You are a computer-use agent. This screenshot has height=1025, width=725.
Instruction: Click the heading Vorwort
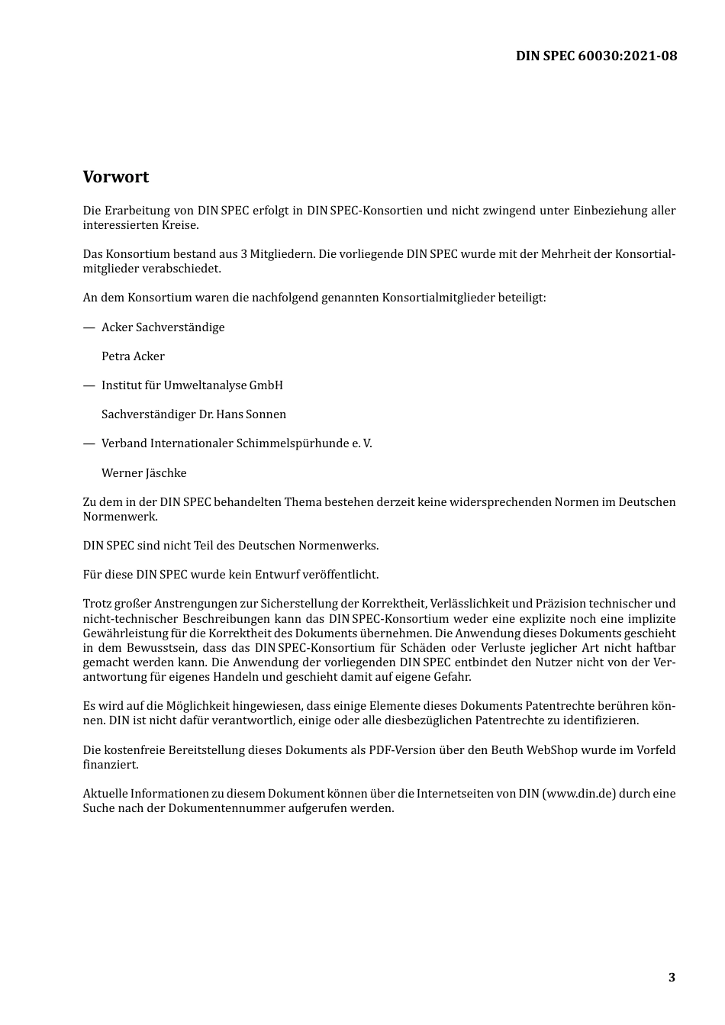[x=116, y=177]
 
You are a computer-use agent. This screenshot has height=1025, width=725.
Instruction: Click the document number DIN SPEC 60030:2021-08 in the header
[x=596, y=56]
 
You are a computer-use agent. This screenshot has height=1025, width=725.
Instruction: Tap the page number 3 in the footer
[x=672, y=978]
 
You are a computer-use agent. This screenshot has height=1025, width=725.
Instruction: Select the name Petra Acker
[x=133, y=356]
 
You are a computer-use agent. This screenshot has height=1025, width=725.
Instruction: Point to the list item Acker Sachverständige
[x=163, y=327]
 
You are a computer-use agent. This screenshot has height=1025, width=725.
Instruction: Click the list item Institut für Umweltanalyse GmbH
[x=192, y=385]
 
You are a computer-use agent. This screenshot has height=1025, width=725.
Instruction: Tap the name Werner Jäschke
[x=143, y=473]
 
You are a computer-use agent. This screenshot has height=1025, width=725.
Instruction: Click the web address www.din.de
[x=580, y=794]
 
